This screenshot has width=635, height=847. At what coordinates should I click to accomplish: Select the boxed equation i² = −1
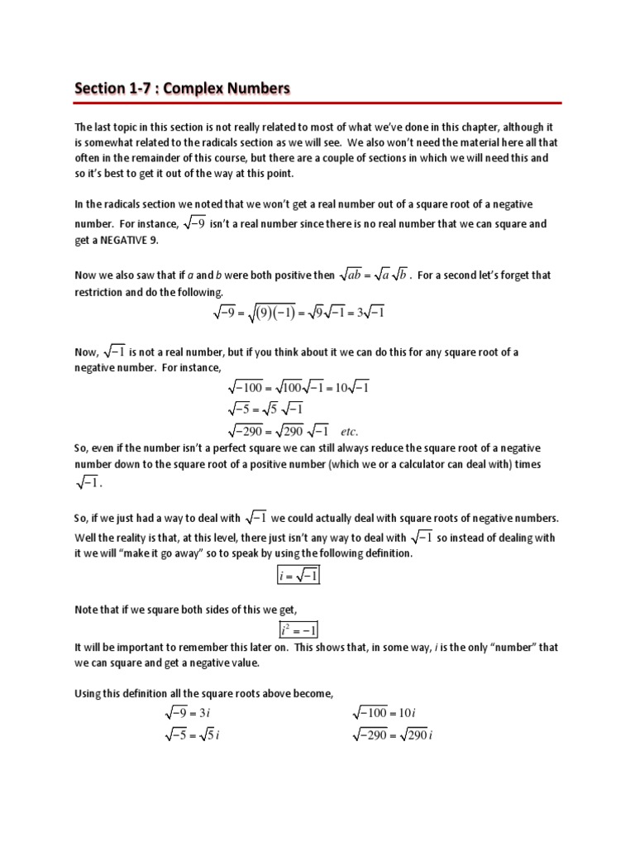298,629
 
